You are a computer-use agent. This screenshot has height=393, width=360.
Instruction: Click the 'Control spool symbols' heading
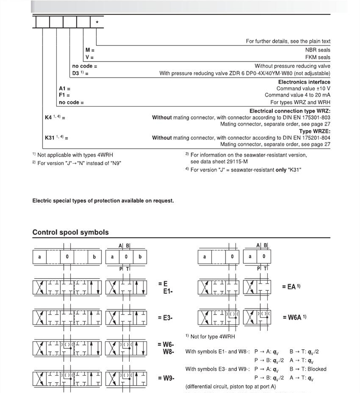tap(70, 232)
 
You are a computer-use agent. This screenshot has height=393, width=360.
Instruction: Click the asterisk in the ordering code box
tap(96, 22)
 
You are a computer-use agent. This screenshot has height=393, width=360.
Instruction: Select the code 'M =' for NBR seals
tap(89, 50)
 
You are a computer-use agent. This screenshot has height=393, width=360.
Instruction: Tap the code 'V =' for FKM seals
tap(89, 57)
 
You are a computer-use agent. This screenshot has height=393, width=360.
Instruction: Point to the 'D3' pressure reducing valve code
tap(80, 73)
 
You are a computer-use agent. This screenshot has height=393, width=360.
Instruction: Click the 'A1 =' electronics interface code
tap(65, 88)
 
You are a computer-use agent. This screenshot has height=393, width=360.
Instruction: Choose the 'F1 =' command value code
tap(65, 95)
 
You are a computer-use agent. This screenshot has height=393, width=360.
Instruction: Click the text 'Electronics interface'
tap(304, 82)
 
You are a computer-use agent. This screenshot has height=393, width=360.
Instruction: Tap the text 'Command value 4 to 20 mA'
tap(298, 95)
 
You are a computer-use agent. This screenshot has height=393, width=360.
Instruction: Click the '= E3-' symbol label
tap(166, 318)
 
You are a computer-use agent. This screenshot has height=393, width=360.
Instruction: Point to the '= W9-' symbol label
tap(166, 378)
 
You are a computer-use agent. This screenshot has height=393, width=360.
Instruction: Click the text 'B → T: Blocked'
tap(308, 369)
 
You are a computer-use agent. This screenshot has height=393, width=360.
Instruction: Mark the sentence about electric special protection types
tap(103, 201)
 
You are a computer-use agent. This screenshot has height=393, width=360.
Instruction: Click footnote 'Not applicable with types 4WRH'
tap(75, 155)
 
